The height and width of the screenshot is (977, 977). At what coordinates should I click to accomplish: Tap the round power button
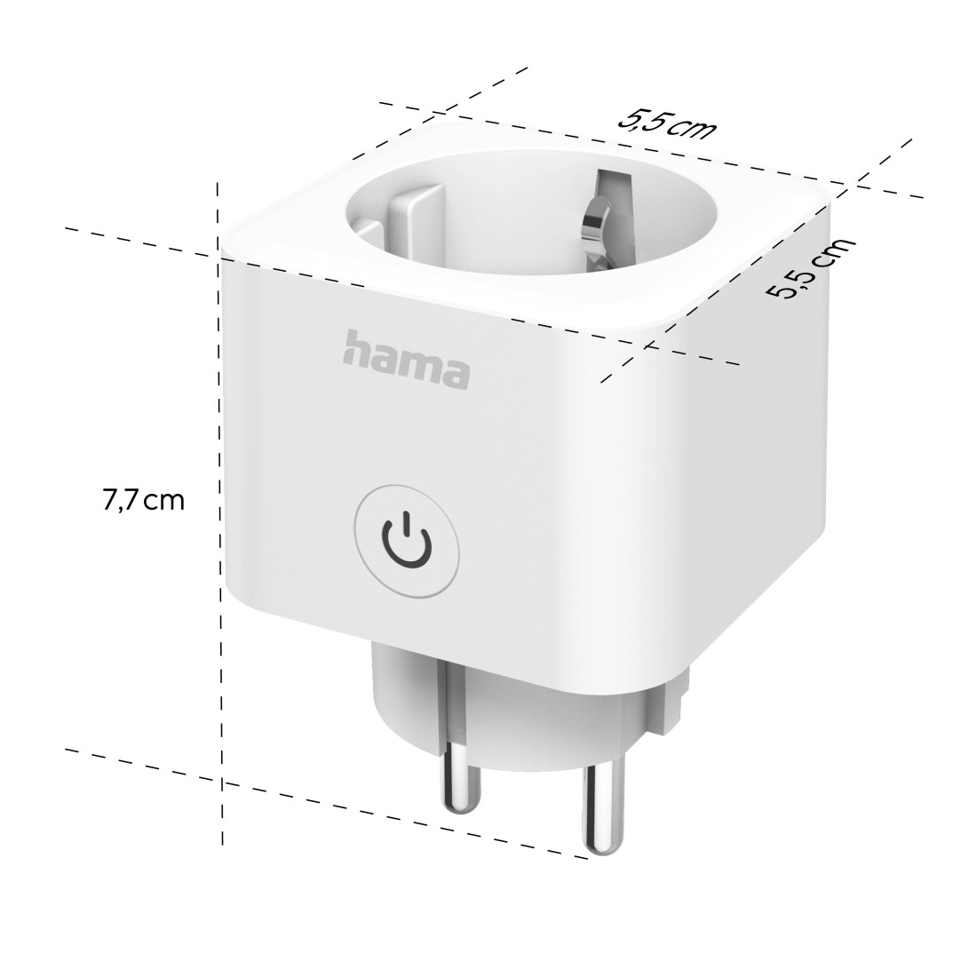(406, 540)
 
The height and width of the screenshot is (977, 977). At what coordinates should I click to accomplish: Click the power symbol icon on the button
(406, 540)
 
